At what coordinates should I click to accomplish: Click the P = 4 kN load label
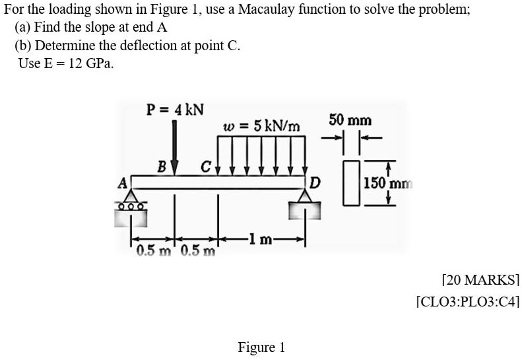pyautogui.click(x=175, y=108)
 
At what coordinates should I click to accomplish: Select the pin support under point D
pyautogui.click(x=306, y=205)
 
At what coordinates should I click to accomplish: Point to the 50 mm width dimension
pyautogui.click(x=350, y=121)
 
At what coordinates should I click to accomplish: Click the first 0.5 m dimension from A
pyautogui.click(x=152, y=252)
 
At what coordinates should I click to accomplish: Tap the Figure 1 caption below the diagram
pyautogui.click(x=261, y=347)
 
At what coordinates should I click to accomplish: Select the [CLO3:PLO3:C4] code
pyautogui.click(x=469, y=303)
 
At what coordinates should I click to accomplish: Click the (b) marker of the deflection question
pyautogui.click(x=24, y=47)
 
